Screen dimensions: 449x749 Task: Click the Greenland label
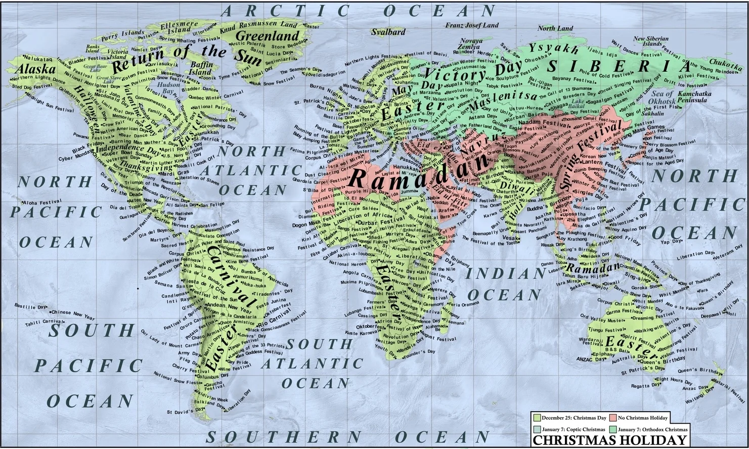268,36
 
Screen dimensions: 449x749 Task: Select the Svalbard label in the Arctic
388,32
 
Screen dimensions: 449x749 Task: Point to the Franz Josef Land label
471,25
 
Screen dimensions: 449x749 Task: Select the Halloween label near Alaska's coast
87,108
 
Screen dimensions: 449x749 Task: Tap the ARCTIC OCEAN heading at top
359,10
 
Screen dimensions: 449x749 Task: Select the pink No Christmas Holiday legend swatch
613,418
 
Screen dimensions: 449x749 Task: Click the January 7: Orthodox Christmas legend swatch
613,429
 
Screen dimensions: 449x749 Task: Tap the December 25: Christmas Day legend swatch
537,418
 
